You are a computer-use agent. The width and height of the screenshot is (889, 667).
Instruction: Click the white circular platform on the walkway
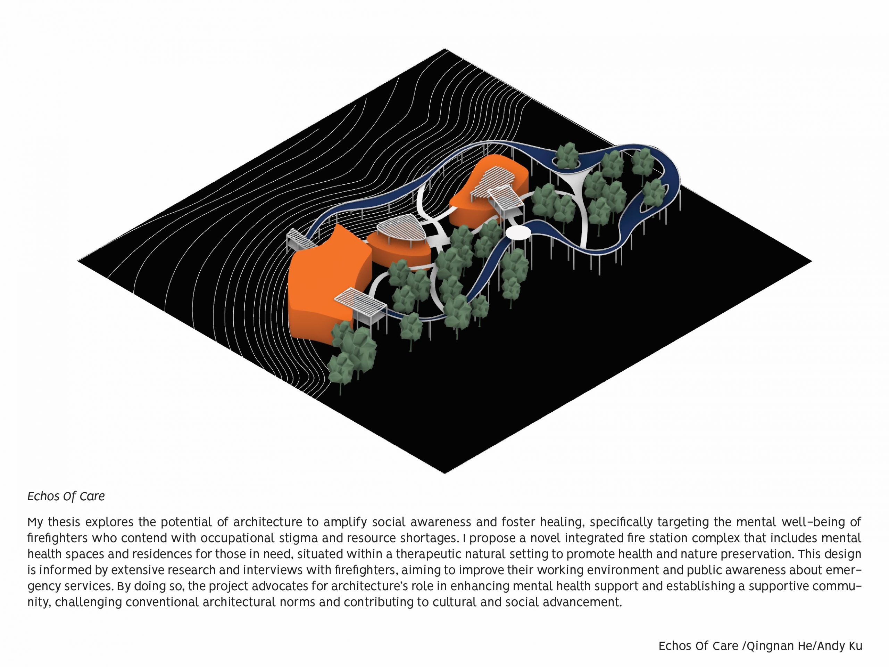tap(517, 233)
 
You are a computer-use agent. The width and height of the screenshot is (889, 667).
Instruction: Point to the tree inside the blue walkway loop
tap(567, 155)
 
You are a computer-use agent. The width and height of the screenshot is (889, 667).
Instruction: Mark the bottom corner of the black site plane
tap(444, 472)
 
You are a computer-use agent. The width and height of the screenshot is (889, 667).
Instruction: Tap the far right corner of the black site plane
tap(811, 261)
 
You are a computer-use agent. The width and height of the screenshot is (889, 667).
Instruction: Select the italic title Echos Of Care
tap(66, 496)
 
